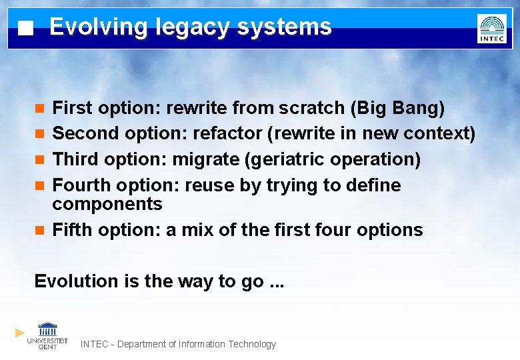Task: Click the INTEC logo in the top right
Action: (x=491, y=29)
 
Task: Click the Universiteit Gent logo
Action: (x=47, y=335)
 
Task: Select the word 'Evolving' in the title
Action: (x=98, y=27)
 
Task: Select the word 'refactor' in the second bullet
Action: (x=227, y=133)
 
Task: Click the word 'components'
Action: (x=107, y=204)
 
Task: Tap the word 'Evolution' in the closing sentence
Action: (x=77, y=281)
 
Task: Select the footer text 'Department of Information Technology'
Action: (x=193, y=344)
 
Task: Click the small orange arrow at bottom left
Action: (x=19, y=332)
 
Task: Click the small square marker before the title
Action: (x=25, y=29)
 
